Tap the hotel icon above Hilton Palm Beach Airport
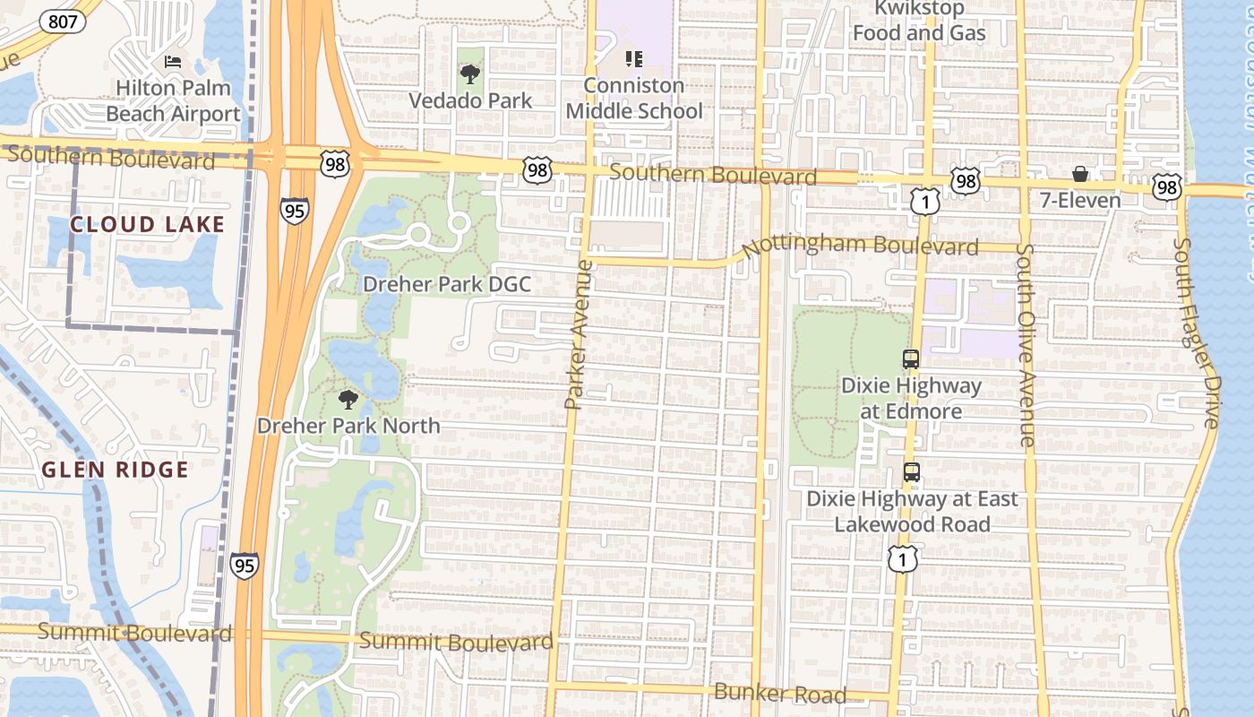173,62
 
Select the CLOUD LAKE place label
147,224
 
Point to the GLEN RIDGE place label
116,470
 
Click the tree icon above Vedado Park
469,74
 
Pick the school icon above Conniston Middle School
634,60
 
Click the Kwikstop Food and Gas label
919,22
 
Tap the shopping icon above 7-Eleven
1080,174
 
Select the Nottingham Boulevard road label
860,244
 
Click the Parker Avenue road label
579,334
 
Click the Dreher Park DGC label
446,285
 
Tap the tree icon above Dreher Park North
348,400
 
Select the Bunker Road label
779,693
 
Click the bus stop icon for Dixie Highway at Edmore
911,359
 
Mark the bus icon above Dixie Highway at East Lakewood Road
912,472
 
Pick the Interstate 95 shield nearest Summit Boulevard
244,566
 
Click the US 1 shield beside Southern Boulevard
926,203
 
